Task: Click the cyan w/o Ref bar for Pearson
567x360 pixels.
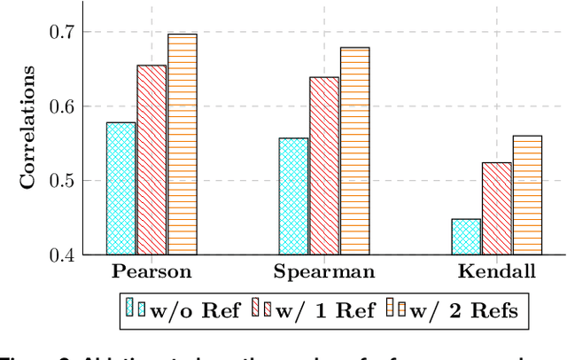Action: tap(121, 189)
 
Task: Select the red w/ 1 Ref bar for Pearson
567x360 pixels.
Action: tap(151, 160)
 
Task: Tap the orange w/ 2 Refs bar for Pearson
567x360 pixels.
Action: tap(183, 145)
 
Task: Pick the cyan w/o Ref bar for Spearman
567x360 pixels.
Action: tap(293, 197)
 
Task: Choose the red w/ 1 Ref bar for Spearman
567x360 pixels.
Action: tap(323, 166)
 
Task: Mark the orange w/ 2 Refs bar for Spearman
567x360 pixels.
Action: tap(354, 152)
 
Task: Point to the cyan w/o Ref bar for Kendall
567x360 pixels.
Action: tap(466, 237)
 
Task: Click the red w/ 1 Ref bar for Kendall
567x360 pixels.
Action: tap(496, 209)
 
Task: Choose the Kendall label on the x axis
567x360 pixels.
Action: tap(496, 271)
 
